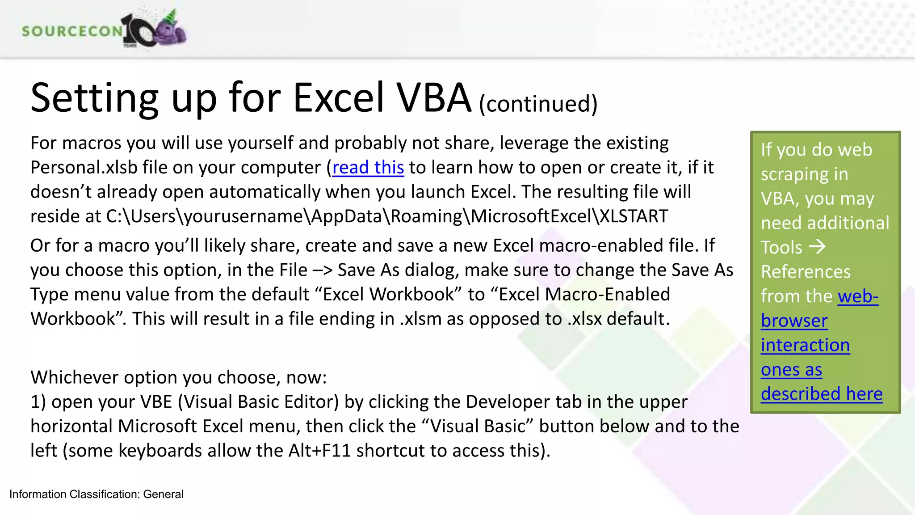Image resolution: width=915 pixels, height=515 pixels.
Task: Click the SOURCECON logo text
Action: coord(71,31)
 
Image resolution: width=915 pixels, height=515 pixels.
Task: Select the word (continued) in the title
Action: coord(538,104)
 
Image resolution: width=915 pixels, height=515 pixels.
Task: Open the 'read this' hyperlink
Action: coord(368,168)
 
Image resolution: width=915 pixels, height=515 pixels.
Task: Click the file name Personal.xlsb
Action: coord(84,168)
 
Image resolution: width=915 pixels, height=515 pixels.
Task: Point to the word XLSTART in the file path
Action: coord(634,216)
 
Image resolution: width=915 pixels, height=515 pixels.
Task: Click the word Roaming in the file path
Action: coord(426,216)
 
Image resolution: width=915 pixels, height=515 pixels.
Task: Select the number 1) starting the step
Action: coord(38,402)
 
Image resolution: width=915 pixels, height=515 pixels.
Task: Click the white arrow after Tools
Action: coord(817,246)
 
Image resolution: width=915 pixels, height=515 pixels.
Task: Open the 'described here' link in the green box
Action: coord(822,394)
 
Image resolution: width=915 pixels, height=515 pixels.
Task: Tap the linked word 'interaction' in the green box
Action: coord(805,345)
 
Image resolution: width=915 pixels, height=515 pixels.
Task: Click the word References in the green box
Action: coord(806,272)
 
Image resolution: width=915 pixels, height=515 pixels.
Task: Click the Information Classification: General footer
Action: coord(97,494)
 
